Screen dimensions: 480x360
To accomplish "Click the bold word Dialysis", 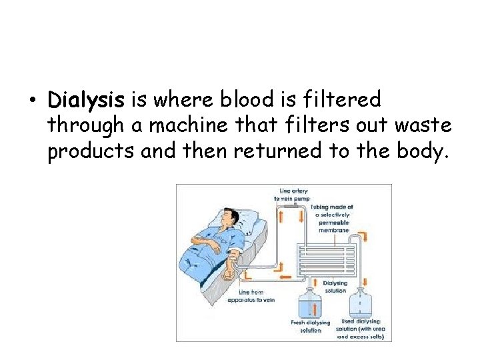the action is [85, 101].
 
